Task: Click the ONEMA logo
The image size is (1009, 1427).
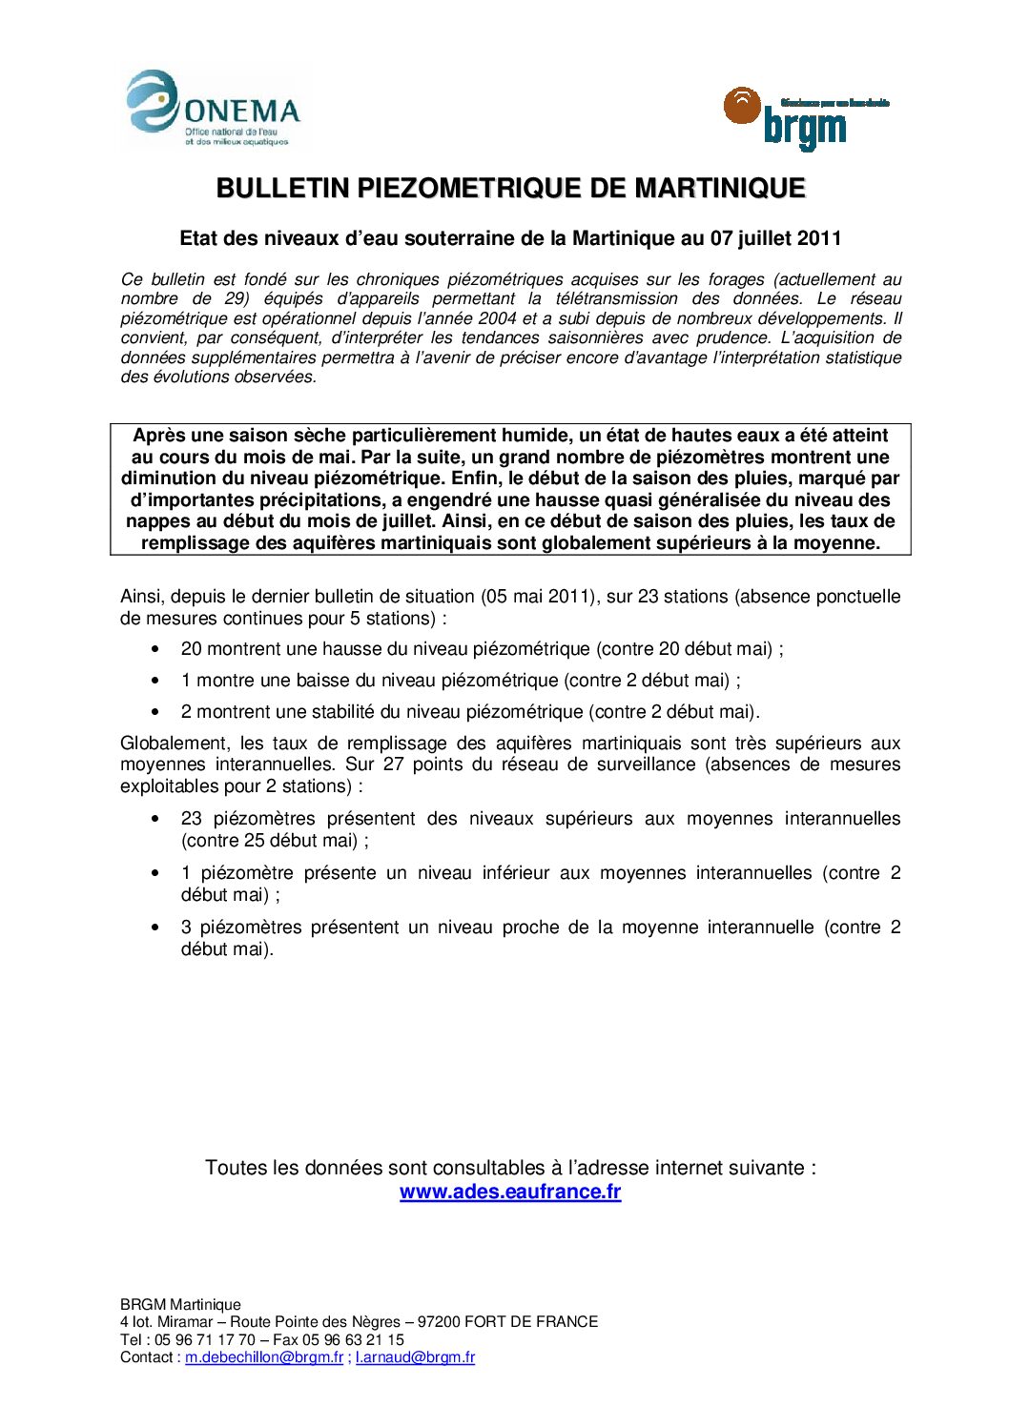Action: pyautogui.click(x=214, y=109)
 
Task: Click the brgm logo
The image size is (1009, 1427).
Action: pyautogui.click(x=806, y=118)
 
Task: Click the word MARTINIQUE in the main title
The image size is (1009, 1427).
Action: pyautogui.click(x=720, y=188)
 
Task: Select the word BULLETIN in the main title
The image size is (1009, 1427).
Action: pyautogui.click(x=283, y=188)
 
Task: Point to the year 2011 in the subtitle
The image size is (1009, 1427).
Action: pyautogui.click(x=819, y=238)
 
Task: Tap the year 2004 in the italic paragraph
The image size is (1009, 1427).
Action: pyautogui.click(x=498, y=318)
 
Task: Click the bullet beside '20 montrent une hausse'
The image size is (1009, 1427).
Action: pyautogui.click(x=155, y=649)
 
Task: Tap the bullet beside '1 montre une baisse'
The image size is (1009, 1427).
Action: pyautogui.click(x=155, y=681)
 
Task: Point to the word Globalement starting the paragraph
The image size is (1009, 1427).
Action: pyautogui.click(x=175, y=744)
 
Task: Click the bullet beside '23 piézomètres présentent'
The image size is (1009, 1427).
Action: pyautogui.click(x=155, y=819)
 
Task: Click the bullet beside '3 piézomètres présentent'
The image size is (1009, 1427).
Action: pyautogui.click(x=155, y=928)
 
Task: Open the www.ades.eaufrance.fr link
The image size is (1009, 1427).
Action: pyautogui.click(x=510, y=1192)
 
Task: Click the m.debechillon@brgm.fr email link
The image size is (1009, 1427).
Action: pyautogui.click(x=264, y=1357)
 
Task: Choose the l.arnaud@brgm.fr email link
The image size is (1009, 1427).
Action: pyautogui.click(x=415, y=1357)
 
